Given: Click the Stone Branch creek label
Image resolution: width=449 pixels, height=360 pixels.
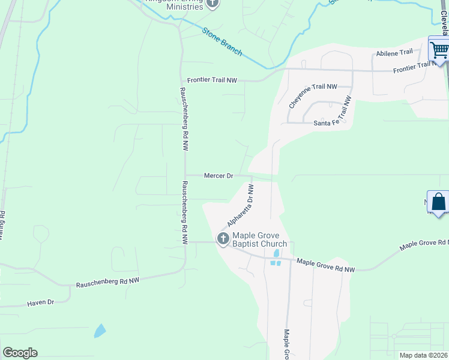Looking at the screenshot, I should [222, 42].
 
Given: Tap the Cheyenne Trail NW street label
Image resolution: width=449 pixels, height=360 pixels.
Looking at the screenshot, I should [313, 95].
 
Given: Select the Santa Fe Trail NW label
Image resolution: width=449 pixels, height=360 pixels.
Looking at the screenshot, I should [331, 122].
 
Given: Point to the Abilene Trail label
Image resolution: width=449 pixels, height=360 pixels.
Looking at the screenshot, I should [395, 53].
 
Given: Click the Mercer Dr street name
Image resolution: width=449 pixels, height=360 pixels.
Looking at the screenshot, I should [218, 176].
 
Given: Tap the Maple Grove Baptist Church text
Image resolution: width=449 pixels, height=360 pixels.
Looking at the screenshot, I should [259, 239].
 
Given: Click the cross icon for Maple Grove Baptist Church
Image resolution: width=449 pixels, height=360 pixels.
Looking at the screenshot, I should [223, 239].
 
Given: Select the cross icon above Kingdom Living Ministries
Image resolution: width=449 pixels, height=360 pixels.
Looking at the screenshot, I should [212, 4].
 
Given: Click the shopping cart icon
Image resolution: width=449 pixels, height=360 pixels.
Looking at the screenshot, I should [439, 49].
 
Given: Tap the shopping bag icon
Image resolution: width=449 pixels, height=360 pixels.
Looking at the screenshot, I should [439, 203].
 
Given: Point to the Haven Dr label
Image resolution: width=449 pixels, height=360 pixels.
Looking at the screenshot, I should [41, 304].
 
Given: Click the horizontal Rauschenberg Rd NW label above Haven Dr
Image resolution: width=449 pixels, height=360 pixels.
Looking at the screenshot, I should [107, 281].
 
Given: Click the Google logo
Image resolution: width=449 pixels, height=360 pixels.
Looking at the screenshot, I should [20, 353].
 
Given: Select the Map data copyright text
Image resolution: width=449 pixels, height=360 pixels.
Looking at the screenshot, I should [423, 355].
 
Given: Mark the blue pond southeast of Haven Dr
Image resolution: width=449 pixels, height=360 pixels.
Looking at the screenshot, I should [100, 330].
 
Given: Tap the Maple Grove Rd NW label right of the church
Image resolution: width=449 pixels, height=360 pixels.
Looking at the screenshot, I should [326, 265].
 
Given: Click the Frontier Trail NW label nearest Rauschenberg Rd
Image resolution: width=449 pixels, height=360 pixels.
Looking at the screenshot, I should [212, 80].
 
